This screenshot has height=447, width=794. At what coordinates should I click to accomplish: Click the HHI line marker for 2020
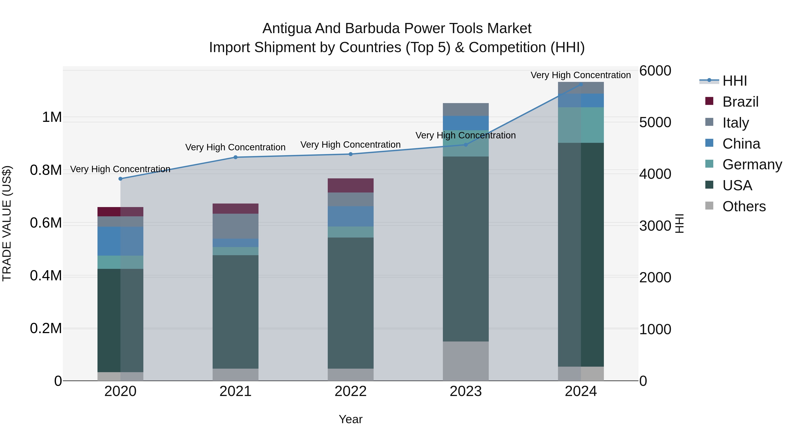(120, 179)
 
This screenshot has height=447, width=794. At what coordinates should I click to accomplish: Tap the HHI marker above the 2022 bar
(350, 154)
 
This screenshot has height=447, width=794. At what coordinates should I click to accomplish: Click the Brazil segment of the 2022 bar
(350, 185)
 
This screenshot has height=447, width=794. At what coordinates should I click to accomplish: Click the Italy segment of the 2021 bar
(236, 226)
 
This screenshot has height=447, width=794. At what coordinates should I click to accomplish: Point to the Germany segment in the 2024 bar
(581, 125)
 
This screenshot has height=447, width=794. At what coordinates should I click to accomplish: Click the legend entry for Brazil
(740, 102)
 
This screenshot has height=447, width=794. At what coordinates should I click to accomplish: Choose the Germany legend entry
(752, 164)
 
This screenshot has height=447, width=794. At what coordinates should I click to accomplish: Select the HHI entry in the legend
(734, 81)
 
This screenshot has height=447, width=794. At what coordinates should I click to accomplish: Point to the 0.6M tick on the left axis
(46, 223)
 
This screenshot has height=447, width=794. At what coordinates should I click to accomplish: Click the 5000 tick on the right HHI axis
(655, 123)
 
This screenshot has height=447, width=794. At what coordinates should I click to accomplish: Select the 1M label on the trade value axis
(52, 117)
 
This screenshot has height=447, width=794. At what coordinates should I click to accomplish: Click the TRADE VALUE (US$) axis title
(7, 223)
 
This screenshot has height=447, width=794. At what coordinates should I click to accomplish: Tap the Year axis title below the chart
(350, 419)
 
